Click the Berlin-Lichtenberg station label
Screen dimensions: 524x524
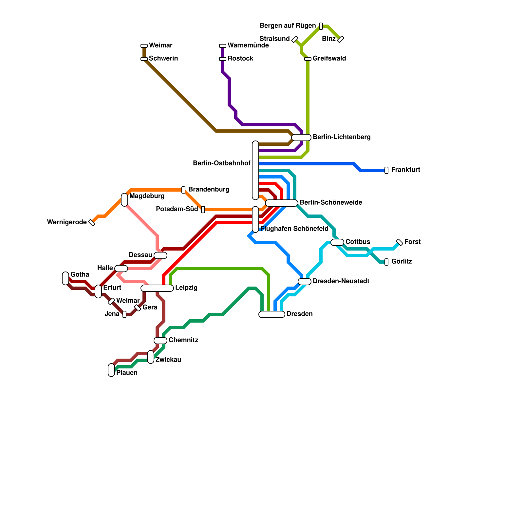click(341, 137)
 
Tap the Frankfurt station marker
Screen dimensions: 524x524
click(386, 170)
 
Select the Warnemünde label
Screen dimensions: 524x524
click(248, 46)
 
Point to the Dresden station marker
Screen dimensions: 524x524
click(272, 314)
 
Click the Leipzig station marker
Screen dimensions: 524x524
click(157, 288)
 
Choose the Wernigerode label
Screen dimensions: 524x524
click(67, 222)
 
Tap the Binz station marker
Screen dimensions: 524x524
click(341, 39)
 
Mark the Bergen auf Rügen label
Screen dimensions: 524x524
click(288, 26)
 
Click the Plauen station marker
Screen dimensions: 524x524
click(111, 370)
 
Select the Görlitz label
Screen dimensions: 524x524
click(402, 262)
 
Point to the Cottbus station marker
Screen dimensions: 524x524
click(337, 242)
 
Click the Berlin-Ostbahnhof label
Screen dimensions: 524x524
click(222, 163)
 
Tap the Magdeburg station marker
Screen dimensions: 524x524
click(124, 200)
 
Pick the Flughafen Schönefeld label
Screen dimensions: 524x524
click(294, 229)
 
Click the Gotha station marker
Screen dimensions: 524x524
click(65, 278)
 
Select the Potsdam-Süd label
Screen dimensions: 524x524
click(177, 209)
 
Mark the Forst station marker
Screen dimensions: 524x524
click(400, 242)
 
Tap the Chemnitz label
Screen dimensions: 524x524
click(183, 340)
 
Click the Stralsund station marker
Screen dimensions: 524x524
click(295, 39)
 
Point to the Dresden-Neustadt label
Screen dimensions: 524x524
click(341, 281)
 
